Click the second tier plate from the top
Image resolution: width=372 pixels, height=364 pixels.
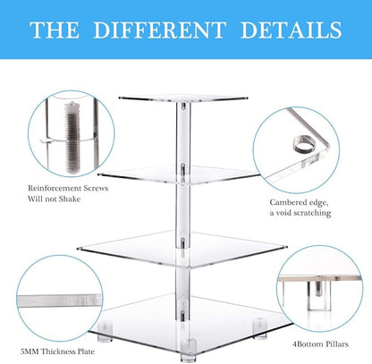pos(185,167)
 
